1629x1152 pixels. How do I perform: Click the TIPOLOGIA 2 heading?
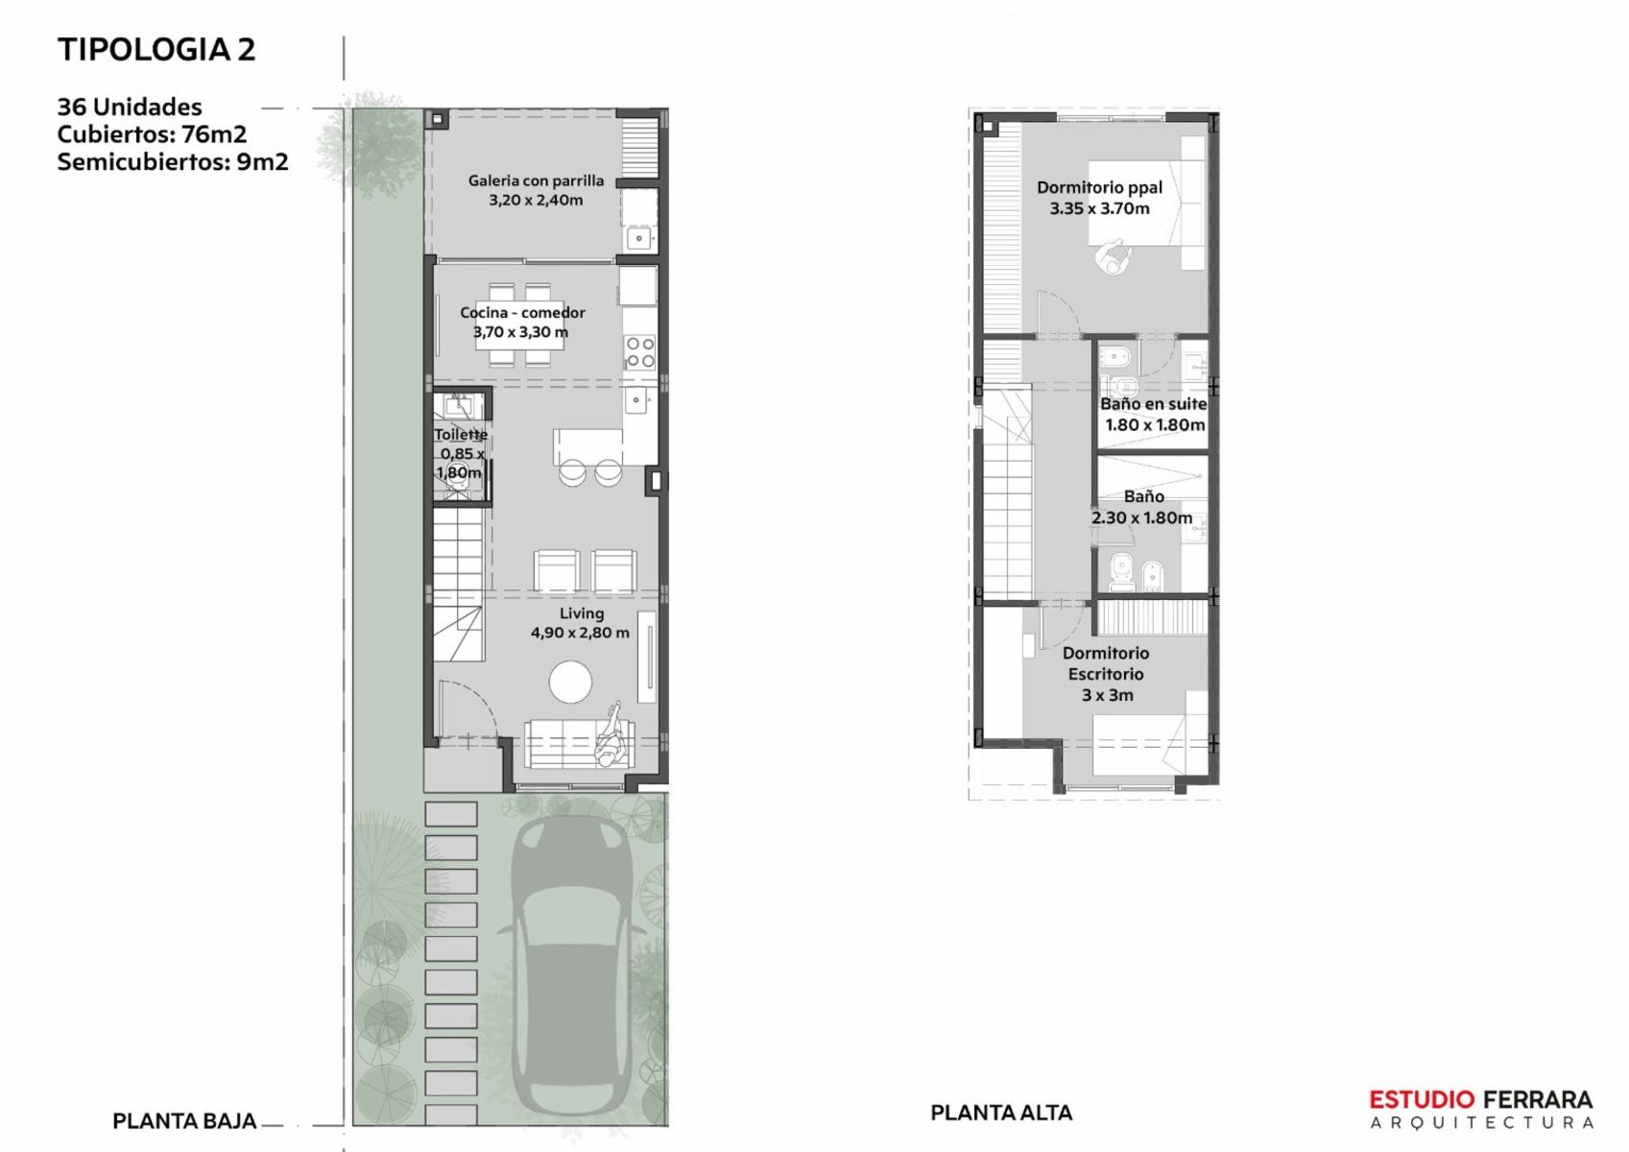tap(156, 50)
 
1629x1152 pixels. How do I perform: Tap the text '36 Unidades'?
tap(130, 107)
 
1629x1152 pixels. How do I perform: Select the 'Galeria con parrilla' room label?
tap(536, 180)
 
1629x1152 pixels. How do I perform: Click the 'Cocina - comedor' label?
tap(522, 312)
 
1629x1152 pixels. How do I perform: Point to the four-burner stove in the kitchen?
tap(640, 351)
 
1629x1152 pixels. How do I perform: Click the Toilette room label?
tap(461, 434)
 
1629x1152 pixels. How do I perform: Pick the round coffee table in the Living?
tap(570, 682)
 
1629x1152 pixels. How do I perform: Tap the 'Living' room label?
tap(581, 613)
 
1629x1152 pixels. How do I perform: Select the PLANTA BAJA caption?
tap(184, 1120)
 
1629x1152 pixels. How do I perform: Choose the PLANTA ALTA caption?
tap(1001, 1113)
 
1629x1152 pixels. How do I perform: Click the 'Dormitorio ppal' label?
tap(1099, 187)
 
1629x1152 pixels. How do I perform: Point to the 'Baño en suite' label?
tap(1154, 403)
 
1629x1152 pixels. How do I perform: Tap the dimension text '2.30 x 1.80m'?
tap(1141, 517)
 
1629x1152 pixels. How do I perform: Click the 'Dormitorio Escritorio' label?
tap(1106, 663)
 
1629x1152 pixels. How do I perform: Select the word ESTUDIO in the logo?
tap(1422, 1099)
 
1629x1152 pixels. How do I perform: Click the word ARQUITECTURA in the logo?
tap(1482, 1123)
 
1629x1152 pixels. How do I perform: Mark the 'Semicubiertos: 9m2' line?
tap(173, 161)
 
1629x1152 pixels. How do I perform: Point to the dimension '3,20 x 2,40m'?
tap(536, 200)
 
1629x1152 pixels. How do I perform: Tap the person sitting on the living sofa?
tap(610, 736)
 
